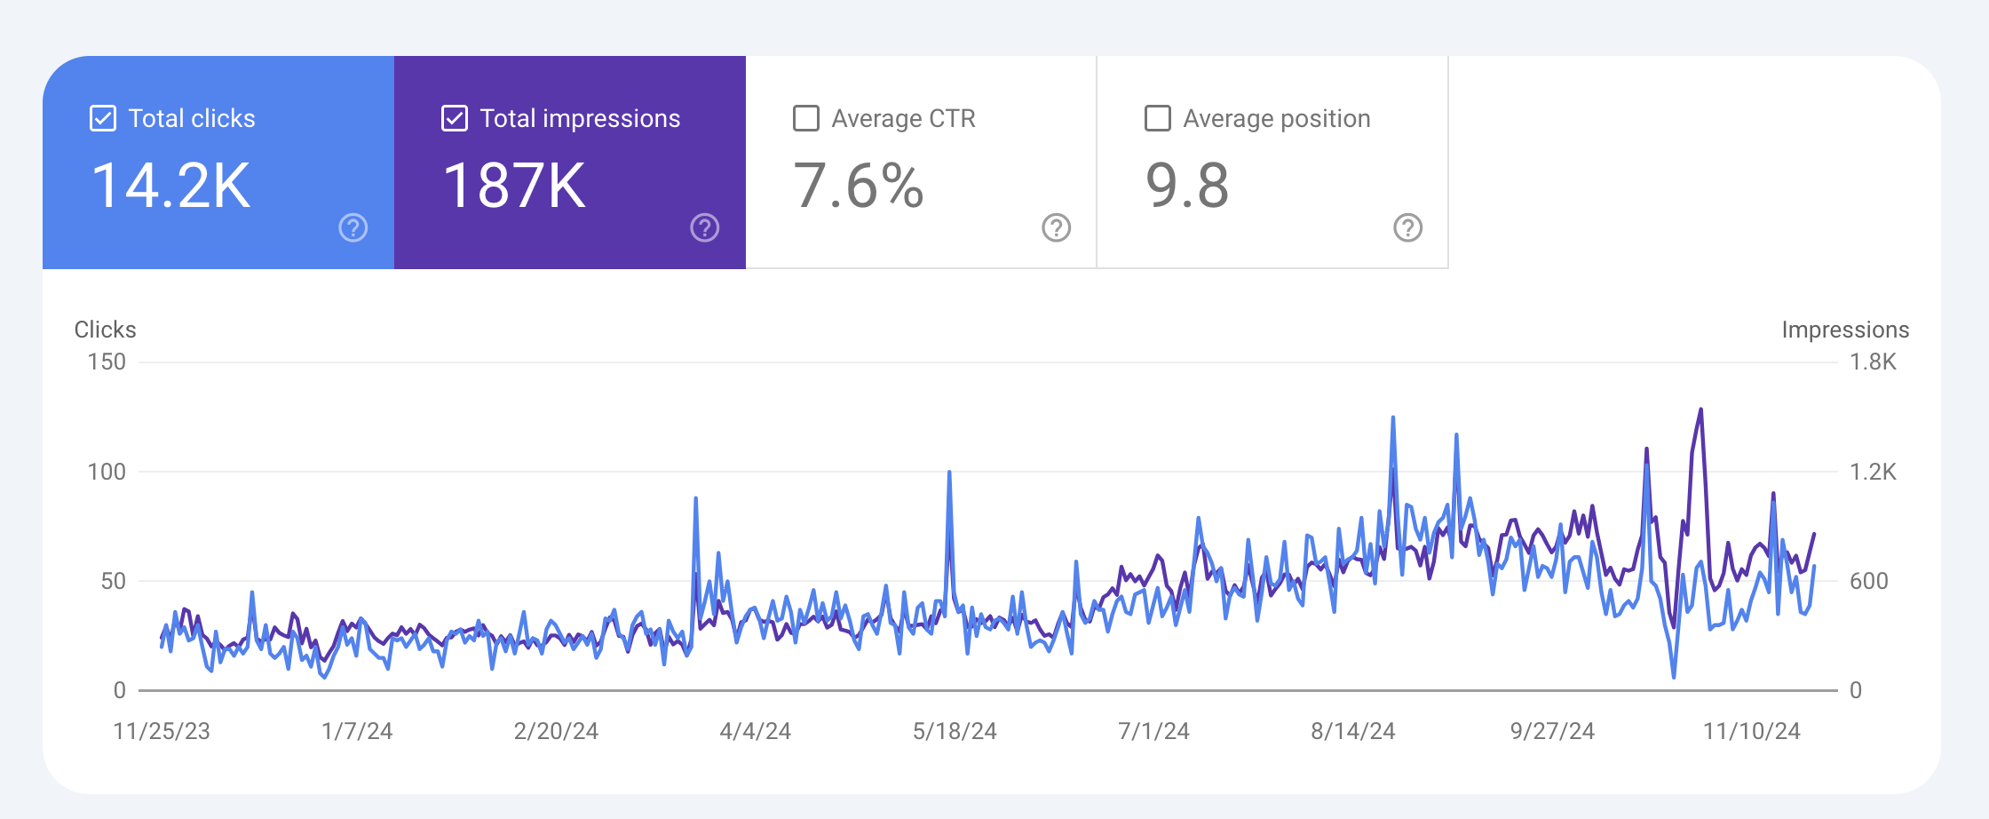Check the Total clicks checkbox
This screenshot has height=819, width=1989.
coord(103,118)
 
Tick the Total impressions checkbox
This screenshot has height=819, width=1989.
coord(455,118)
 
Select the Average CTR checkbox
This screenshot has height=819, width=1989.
coord(806,118)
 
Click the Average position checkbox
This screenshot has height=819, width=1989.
coord(1158,118)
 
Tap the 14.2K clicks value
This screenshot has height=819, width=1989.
coord(171,186)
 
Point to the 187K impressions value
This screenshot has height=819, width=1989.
coord(515,186)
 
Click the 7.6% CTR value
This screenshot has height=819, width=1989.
coord(859,186)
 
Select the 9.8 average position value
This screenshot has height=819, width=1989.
coord(1187,186)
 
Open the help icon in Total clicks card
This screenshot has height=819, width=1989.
coord(353,228)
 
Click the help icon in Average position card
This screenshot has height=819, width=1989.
coord(1408,228)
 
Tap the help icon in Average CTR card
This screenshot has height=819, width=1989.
coord(1057,228)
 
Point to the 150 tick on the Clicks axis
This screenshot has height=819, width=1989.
coord(107,362)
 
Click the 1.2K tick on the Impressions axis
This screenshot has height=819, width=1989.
coord(1873,472)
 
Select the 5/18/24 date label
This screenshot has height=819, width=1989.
coord(955,731)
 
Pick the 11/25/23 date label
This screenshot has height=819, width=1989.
coord(162,731)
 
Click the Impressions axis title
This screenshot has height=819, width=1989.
coord(1845,330)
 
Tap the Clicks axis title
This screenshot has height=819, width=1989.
coord(105,330)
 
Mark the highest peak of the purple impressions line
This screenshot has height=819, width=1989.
coord(1700,409)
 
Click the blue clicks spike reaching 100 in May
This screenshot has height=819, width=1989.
coord(949,473)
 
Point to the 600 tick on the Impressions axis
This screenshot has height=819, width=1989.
coord(1868,581)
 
